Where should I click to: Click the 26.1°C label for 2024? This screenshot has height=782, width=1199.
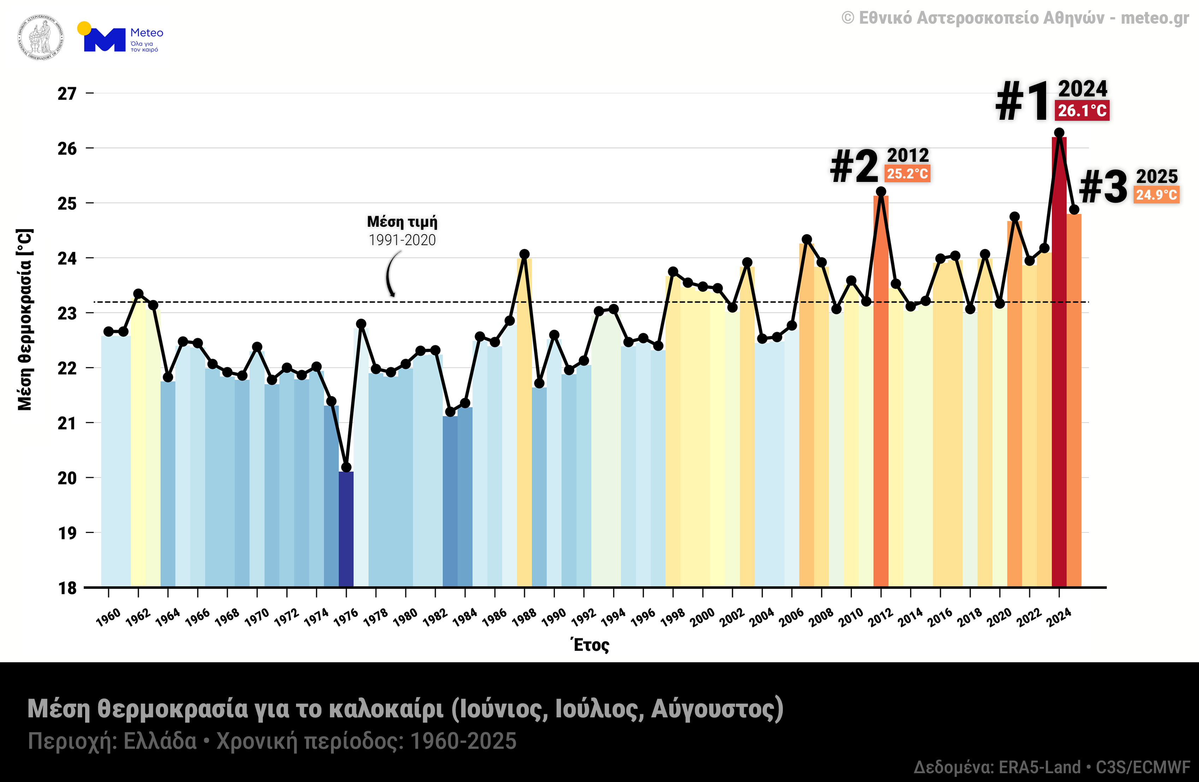tap(1082, 110)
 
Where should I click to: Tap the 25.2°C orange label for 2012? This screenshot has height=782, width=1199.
tap(907, 174)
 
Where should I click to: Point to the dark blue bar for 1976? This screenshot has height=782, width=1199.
tap(346, 529)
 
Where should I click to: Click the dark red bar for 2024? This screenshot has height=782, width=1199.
tap(1059, 362)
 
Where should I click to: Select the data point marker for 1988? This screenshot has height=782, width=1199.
tap(525, 254)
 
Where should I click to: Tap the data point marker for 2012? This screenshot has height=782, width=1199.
tap(881, 192)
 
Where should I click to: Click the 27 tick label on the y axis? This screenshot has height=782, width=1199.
tap(67, 94)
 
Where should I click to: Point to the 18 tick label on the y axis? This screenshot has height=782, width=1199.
tap(67, 588)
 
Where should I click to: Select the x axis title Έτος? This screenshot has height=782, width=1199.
tap(590, 645)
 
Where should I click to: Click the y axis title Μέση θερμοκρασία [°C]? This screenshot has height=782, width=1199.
tap(25, 319)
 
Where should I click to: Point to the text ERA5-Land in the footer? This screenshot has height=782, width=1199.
tap(1039, 767)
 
